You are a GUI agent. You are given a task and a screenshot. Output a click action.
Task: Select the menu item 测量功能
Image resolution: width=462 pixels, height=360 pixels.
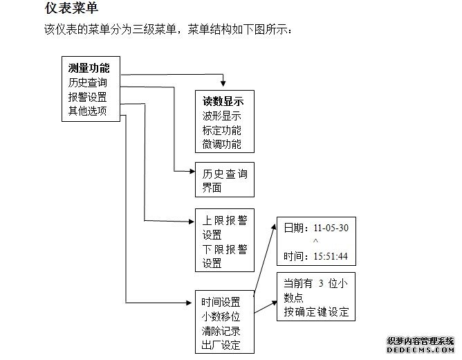point(89,69)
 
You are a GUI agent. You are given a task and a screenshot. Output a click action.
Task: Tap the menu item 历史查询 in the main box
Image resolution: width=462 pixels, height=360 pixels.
point(88,82)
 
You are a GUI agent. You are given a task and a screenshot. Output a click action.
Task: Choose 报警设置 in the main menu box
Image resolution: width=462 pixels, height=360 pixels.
point(88,96)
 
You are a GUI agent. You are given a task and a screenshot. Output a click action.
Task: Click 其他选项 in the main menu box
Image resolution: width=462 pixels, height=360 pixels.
point(88,110)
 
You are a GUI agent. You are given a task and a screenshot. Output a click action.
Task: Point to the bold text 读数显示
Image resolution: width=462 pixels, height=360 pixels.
point(223,102)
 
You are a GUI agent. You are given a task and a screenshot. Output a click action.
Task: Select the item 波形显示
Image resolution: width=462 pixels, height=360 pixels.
point(221,116)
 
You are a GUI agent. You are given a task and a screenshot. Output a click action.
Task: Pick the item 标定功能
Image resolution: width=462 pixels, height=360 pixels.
point(221,130)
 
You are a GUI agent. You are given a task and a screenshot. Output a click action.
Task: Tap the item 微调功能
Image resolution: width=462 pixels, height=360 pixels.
point(221,144)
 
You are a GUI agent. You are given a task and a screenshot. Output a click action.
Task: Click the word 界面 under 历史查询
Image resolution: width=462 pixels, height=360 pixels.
point(212,188)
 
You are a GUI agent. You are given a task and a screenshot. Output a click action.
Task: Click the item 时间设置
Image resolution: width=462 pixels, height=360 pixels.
point(221,302)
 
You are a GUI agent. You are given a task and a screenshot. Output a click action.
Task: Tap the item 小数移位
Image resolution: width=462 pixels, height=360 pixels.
point(221,316)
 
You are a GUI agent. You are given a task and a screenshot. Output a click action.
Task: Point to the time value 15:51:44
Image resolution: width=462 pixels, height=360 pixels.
point(331,257)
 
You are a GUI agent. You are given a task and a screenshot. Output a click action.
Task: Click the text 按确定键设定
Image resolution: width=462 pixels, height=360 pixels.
point(315,312)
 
